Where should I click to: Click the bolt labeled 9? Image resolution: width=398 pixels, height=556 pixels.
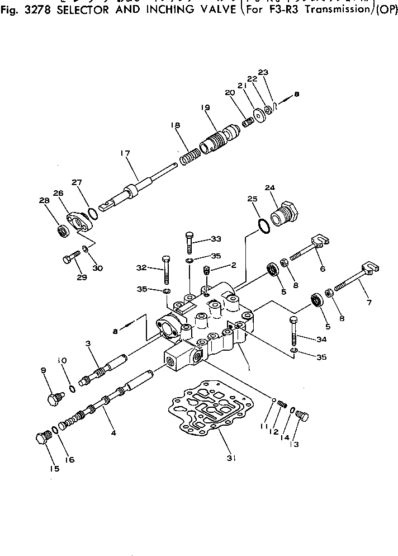click(53, 399)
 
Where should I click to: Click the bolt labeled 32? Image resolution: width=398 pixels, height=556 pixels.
click(166, 270)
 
